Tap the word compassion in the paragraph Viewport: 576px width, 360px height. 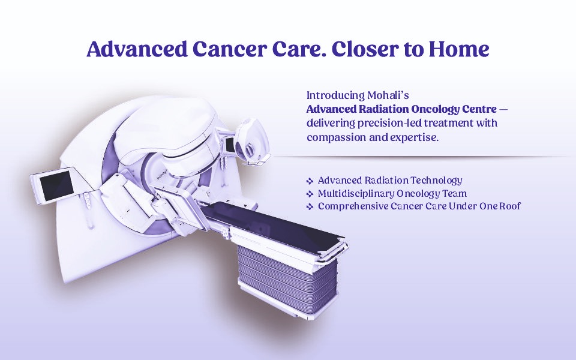[x=335, y=137]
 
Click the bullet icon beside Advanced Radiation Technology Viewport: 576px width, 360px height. [x=310, y=181]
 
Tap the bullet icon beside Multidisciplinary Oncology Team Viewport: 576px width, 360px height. [x=310, y=194]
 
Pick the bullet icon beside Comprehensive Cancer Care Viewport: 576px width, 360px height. [x=310, y=207]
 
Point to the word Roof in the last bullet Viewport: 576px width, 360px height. [x=509, y=206]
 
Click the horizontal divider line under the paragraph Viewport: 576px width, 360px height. [x=420, y=157]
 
